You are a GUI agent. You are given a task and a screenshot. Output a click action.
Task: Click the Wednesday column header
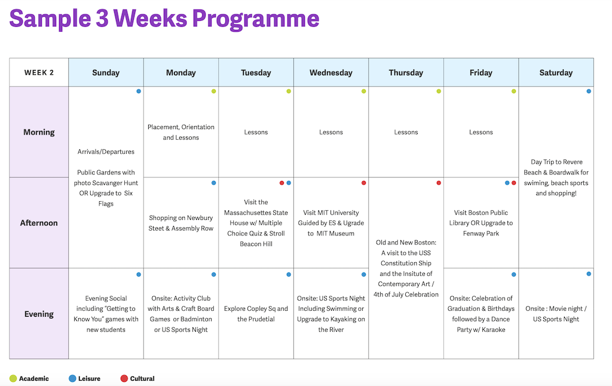pos(331,72)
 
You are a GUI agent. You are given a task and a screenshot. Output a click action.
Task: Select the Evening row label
pos(39,314)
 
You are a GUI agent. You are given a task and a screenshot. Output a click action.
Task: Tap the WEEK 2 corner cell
pos(39,72)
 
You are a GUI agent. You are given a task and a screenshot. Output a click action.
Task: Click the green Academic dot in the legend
pos(13,378)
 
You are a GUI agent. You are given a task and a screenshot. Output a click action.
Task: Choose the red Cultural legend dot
pos(124,378)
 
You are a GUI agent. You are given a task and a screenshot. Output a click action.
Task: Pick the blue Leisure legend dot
pos(72,378)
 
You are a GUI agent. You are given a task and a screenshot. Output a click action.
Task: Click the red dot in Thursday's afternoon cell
pos(439,183)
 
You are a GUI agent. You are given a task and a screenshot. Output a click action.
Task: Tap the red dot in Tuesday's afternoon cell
pos(281,183)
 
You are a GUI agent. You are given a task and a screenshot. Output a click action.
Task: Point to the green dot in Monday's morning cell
pos(213,91)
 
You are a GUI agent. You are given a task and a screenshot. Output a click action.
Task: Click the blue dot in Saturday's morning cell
pos(589,91)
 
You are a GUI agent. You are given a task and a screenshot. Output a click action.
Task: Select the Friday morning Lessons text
pos(481,132)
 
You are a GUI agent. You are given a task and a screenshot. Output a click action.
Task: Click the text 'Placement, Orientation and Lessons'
pos(180,132)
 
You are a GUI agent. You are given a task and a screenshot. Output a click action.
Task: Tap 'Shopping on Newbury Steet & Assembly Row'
pos(180,223)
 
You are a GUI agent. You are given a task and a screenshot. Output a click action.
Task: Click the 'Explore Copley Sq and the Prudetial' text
pos(256,314)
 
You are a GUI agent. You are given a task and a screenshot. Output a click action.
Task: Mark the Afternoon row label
pos(39,223)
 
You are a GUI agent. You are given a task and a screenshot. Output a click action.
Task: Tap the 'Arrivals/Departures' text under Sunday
pos(106,152)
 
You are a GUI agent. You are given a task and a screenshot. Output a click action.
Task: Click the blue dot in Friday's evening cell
pos(513,274)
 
